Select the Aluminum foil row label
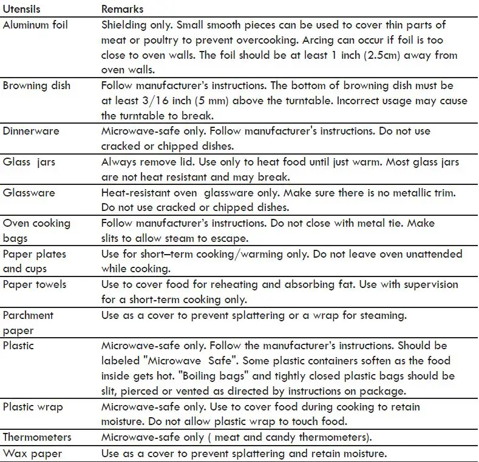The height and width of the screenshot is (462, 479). (35, 25)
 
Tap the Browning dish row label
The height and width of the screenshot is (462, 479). (36, 85)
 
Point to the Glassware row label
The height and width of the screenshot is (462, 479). (29, 193)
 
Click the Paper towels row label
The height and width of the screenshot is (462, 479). (35, 284)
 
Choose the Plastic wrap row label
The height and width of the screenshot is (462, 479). (32, 407)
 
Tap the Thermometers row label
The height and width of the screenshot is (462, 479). (37, 437)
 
